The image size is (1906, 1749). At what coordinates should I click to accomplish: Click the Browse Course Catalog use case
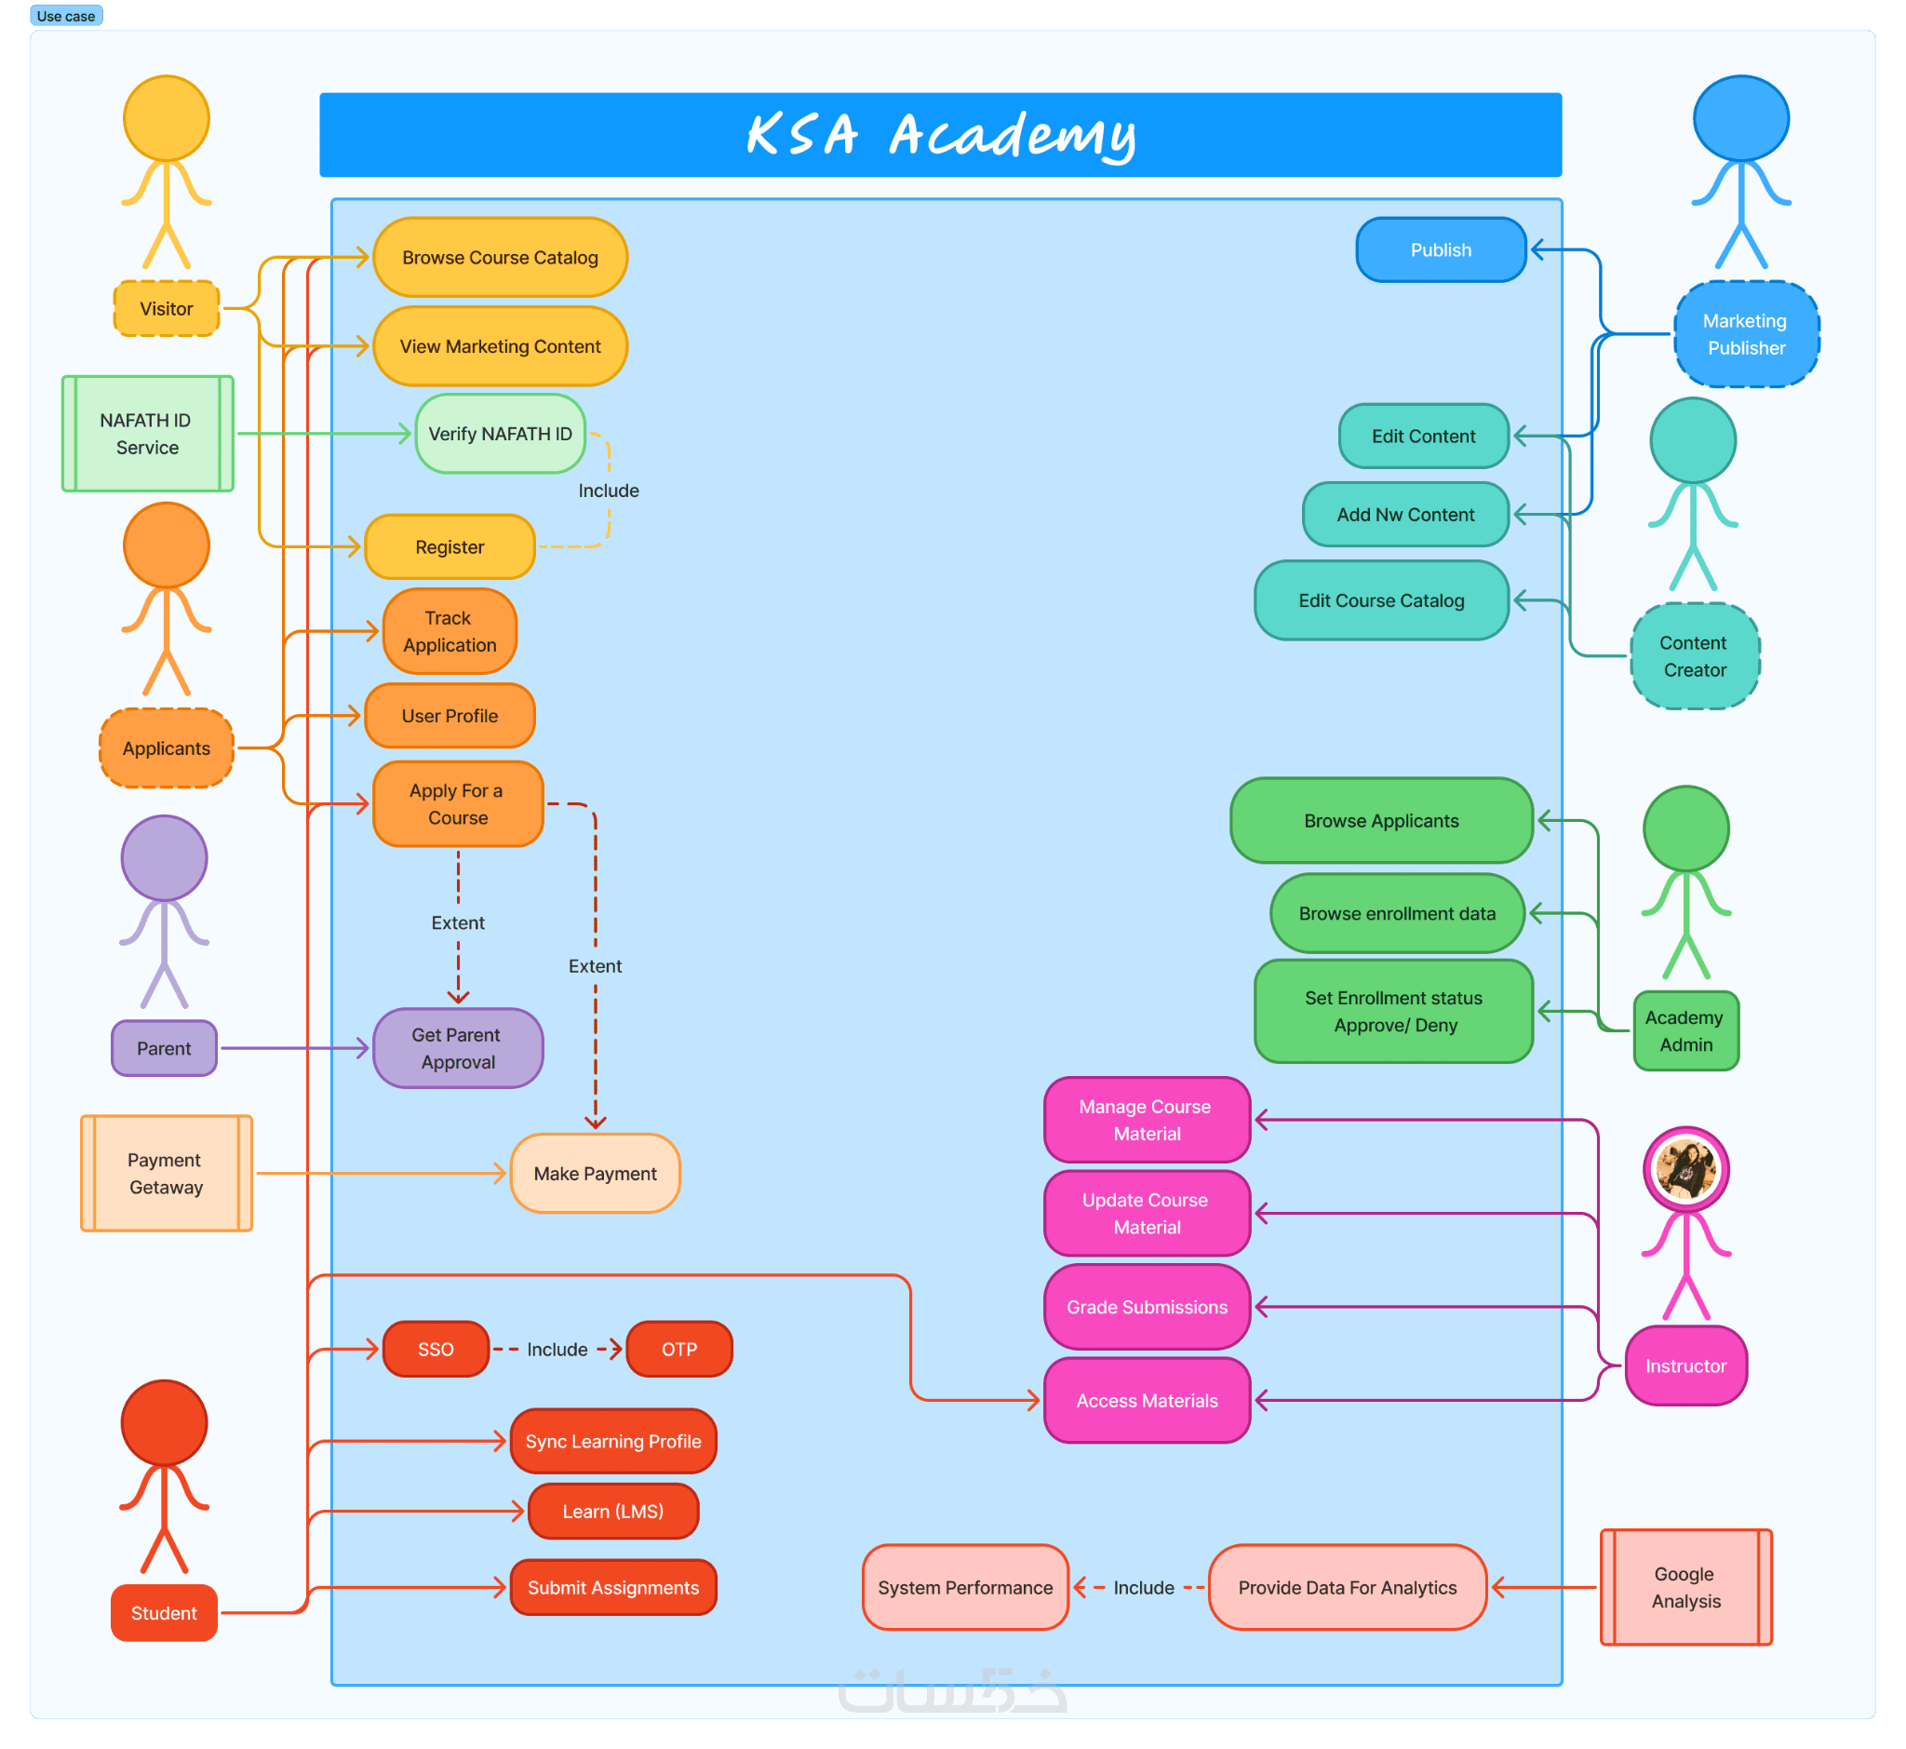(x=500, y=258)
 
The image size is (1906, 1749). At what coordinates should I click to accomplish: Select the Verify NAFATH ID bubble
(x=500, y=434)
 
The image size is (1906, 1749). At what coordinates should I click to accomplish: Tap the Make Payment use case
(x=595, y=1174)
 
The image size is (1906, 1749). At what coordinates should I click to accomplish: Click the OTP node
(x=678, y=1349)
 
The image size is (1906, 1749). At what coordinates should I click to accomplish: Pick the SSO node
(x=436, y=1349)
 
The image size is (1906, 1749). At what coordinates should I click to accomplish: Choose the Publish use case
(x=1441, y=249)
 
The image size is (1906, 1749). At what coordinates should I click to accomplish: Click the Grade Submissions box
(x=1146, y=1307)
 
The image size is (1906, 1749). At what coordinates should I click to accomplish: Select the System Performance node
(x=964, y=1587)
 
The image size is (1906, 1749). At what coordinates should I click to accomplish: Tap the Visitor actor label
(x=167, y=308)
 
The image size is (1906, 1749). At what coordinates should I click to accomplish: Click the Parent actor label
(x=164, y=1049)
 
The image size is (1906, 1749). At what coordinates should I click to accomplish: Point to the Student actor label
(x=164, y=1613)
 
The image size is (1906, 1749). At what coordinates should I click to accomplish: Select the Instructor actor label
(x=1685, y=1366)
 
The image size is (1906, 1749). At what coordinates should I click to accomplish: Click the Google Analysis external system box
(x=1685, y=1587)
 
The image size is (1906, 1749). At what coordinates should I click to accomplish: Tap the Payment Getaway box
(x=166, y=1174)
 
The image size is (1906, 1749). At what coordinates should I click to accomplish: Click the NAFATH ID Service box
(x=147, y=434)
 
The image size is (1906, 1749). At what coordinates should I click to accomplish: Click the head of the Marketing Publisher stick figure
(x=1740, y=118)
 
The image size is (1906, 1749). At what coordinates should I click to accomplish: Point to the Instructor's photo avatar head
(x=1685, y=1169)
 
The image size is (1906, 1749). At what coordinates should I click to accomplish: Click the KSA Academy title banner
(x=940, y=134)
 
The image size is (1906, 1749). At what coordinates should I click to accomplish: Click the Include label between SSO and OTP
(x=557, y=1349)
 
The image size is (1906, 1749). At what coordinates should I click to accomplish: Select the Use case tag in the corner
(x=65, y=16)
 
